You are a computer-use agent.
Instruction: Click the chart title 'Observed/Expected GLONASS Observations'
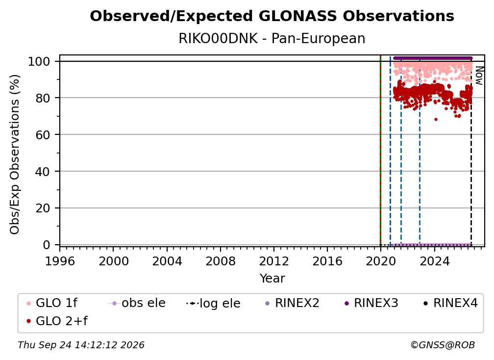(272, 16)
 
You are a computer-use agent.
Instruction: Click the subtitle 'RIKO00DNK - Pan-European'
(272, 38)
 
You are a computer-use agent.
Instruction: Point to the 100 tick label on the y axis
(39, 61)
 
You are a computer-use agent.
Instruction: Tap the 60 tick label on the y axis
(43, 135)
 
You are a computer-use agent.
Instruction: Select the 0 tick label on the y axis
(47, 245)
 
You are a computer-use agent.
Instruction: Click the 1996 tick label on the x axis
(60, 261)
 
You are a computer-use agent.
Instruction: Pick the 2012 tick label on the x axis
(274, 261)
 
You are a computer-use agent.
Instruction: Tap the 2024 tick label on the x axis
(434, 261)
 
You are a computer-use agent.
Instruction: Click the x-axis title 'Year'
(272, 279)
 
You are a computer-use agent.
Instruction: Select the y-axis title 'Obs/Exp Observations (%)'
(15, 154)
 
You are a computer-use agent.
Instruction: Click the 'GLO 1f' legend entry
(52, 303)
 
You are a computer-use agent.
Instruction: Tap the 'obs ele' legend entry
(137, 303)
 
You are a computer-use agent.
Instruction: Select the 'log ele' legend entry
(213, 303)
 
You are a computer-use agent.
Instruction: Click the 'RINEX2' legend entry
(293, 303)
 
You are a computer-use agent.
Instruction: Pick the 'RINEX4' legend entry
(450, 303)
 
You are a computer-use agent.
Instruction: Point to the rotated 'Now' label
(479, 76)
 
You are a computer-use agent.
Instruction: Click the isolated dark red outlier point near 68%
(436, 120)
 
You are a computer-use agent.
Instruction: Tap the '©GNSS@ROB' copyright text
(443, 345)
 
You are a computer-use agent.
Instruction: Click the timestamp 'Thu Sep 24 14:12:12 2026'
(81, 345)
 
